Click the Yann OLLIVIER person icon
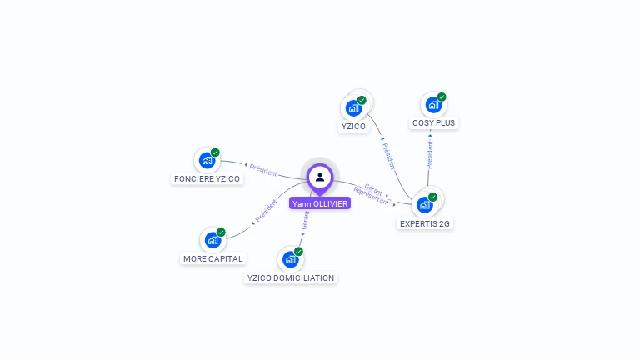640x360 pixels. tap(320, 177)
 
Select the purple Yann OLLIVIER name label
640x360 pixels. tap(320, 203)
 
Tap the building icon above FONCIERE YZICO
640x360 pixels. tap(207, 161)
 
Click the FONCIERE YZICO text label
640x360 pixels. tap(207, 179)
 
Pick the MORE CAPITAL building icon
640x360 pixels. tap(213, 241)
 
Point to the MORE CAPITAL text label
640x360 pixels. tap(213, 259)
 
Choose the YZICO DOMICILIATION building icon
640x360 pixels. tap(290, 259)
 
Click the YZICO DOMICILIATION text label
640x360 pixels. tap(291, 277)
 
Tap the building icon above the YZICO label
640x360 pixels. tap(353, 108)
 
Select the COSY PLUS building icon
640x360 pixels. tap(433, 105)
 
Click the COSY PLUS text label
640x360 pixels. tap(434, 123)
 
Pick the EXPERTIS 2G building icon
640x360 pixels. tap(425, 205)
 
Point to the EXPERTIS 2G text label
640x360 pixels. tap(426, 223)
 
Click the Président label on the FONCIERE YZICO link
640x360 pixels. tap(263, 170)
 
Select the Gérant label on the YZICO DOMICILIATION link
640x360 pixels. tap(305, 220)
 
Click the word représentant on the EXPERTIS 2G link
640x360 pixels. tap(371, 196)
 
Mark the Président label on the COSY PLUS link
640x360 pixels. tap(430, 154)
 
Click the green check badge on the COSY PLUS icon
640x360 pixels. tap(442, 97)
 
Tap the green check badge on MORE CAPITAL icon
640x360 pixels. tap(221, 232)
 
